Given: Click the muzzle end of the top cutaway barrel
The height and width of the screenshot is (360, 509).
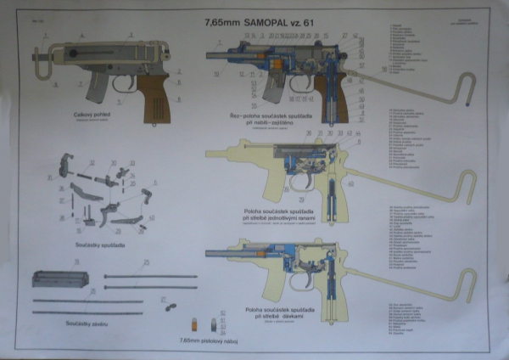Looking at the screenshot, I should pyautogui.click(x=207, y=53).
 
